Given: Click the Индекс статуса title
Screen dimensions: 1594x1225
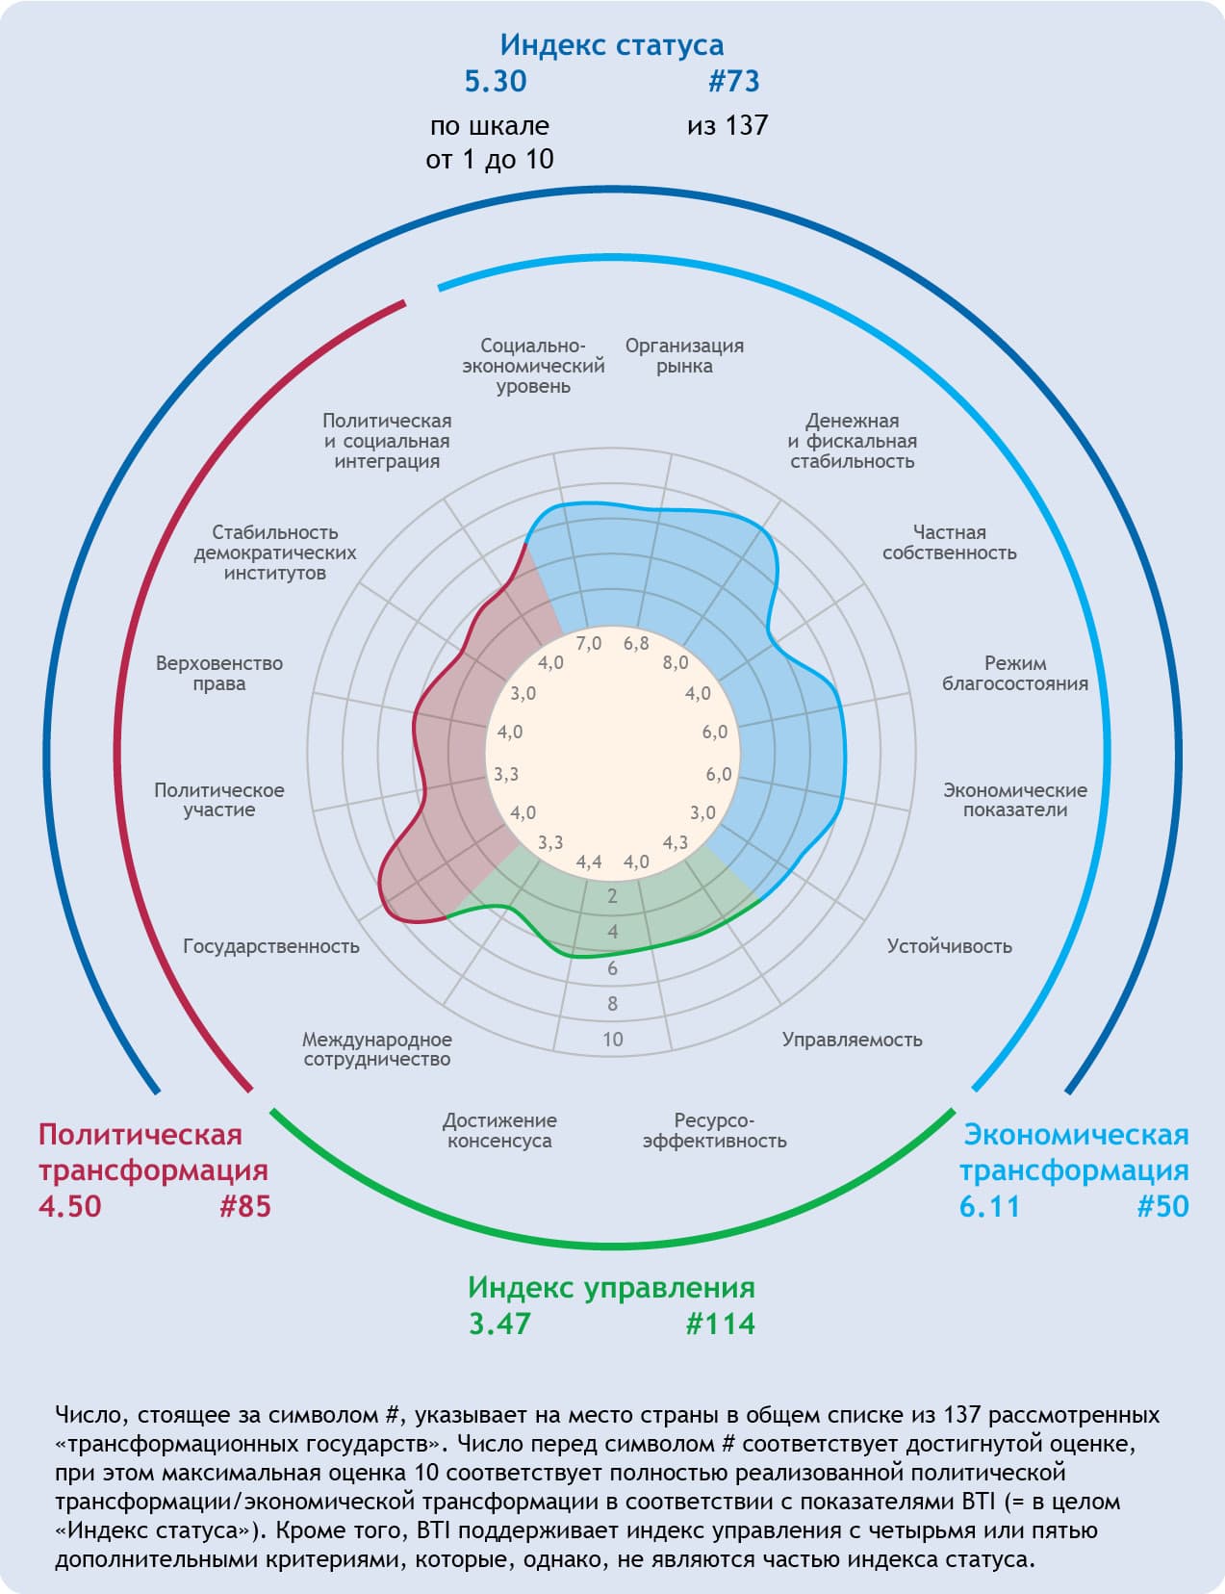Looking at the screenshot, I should point(611,45).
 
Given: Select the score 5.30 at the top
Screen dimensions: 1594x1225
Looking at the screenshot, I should point(496,82).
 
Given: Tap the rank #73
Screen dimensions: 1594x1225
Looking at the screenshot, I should point(734,82).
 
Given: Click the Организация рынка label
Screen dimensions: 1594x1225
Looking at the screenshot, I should point(684,355).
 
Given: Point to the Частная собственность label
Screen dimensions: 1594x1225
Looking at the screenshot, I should point(949,543).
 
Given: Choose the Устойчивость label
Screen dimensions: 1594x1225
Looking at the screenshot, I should point(949,946).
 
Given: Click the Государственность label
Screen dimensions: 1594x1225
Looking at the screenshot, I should point(271,946).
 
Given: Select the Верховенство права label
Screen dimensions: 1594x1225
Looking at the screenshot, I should point(219,673).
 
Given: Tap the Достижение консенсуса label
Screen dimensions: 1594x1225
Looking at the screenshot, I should point(499,1130).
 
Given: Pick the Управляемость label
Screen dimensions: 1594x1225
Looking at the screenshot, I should point(852,1040).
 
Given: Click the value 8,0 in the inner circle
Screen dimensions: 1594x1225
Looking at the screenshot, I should point(676,662).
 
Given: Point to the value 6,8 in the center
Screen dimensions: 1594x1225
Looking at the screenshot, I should point(636,643).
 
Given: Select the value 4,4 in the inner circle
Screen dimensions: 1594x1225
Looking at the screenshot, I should point(589,861).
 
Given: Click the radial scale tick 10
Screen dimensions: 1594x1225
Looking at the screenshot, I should point(613,1040).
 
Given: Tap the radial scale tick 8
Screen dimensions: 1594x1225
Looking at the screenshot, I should point(613,1004).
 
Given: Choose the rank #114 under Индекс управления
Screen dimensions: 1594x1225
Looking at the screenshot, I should point(721,1324).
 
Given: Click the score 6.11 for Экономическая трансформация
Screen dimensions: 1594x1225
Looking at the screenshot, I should point(989,1206).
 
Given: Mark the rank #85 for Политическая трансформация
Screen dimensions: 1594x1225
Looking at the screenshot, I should point(245,1206).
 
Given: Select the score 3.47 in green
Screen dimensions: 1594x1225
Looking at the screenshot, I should point(499,1324).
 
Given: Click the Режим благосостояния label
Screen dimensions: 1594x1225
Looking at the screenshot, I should point(1015,673).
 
